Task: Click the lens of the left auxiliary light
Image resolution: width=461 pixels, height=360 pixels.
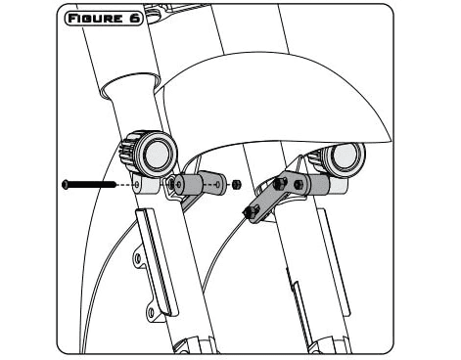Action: (x=156, y=151)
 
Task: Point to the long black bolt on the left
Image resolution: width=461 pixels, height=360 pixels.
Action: (x=88, y=183)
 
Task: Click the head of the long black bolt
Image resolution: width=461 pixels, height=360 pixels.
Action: (x=64, y=183)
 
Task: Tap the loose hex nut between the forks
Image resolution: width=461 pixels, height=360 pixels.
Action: (x=236, y=183)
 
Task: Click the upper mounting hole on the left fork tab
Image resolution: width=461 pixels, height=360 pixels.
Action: (x=140, y=260)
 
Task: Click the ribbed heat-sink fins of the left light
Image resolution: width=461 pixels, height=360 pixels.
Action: (x=128, y=152)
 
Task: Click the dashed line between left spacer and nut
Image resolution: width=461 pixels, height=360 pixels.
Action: (x=223, y=183)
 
